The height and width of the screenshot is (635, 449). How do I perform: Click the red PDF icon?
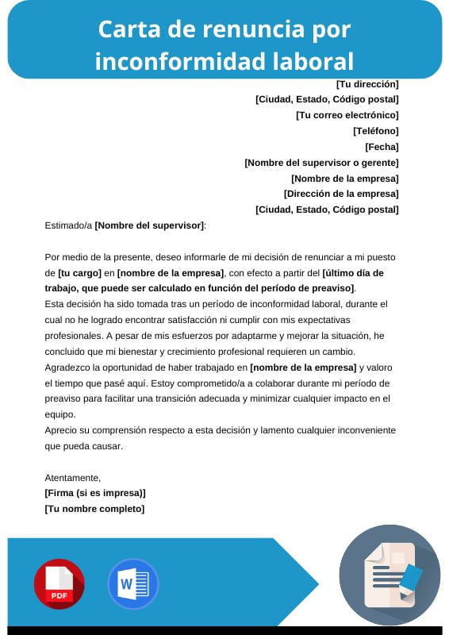pyautogui.click(x=59, y=583)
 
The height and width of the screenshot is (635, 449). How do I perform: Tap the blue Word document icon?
pyautogui.click(x=132, y=583)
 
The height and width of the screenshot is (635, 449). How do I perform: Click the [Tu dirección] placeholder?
pyautogui.click(x=367, y=84)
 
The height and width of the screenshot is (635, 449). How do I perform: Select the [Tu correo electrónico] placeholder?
pyautogui.click(x=347, y=115)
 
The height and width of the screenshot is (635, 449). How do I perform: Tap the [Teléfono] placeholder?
pyautogui.click(x=375, y=131)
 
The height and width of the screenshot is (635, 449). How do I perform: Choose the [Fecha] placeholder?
pyautogui.click(x=382, y=147)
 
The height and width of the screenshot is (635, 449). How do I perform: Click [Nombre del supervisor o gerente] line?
pyautogui.click(x=321, y=163)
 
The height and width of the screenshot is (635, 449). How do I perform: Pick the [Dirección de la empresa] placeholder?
pyautogui.click(x=341, y=194)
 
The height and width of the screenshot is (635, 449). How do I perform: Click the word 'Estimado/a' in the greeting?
pyautogui.click(x=68, y=225)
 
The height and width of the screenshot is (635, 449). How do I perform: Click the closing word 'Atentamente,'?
pyautogui.click(x=73, y=477)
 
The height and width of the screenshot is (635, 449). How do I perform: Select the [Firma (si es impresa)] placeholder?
pyautogui.click(x=95, y=493)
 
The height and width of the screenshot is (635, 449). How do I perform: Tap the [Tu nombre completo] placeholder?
pyautogui.click(x=94, y=509)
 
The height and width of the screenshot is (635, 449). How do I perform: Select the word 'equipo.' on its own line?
pyautogui.click(x=60, y=414)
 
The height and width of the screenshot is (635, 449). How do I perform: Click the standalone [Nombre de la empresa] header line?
pyautogui.click(x=344, y=179)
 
